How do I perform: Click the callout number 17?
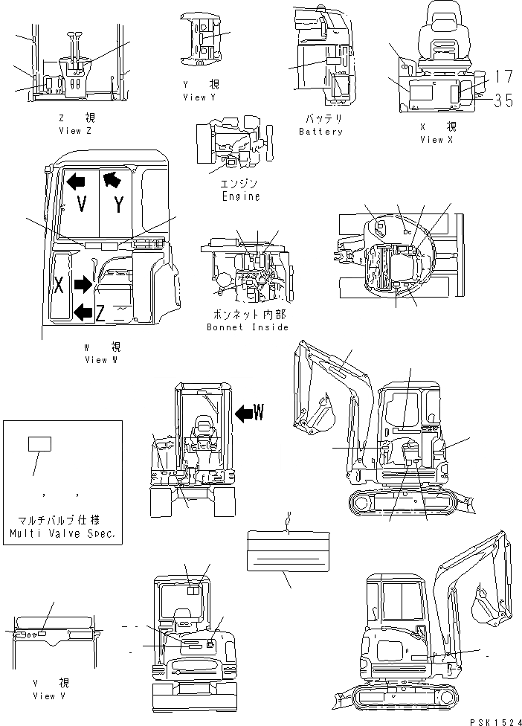tap(503, 76)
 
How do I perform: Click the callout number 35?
tap(503, 100)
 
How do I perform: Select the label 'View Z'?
tap(75, 130)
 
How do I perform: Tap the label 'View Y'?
tap(199, 97)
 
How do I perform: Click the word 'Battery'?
tap(320, 132)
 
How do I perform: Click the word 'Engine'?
tap(241, 196)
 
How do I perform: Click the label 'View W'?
tap(100, 359)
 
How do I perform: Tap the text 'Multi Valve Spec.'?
tap(62, 534)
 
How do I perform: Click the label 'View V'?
tap(49, 696)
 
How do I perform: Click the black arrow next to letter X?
tap(82, 284)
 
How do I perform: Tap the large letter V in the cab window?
tap(82, 205)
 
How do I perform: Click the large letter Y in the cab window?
tap(119, 204)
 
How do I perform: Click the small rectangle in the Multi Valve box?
tap(39, 444)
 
